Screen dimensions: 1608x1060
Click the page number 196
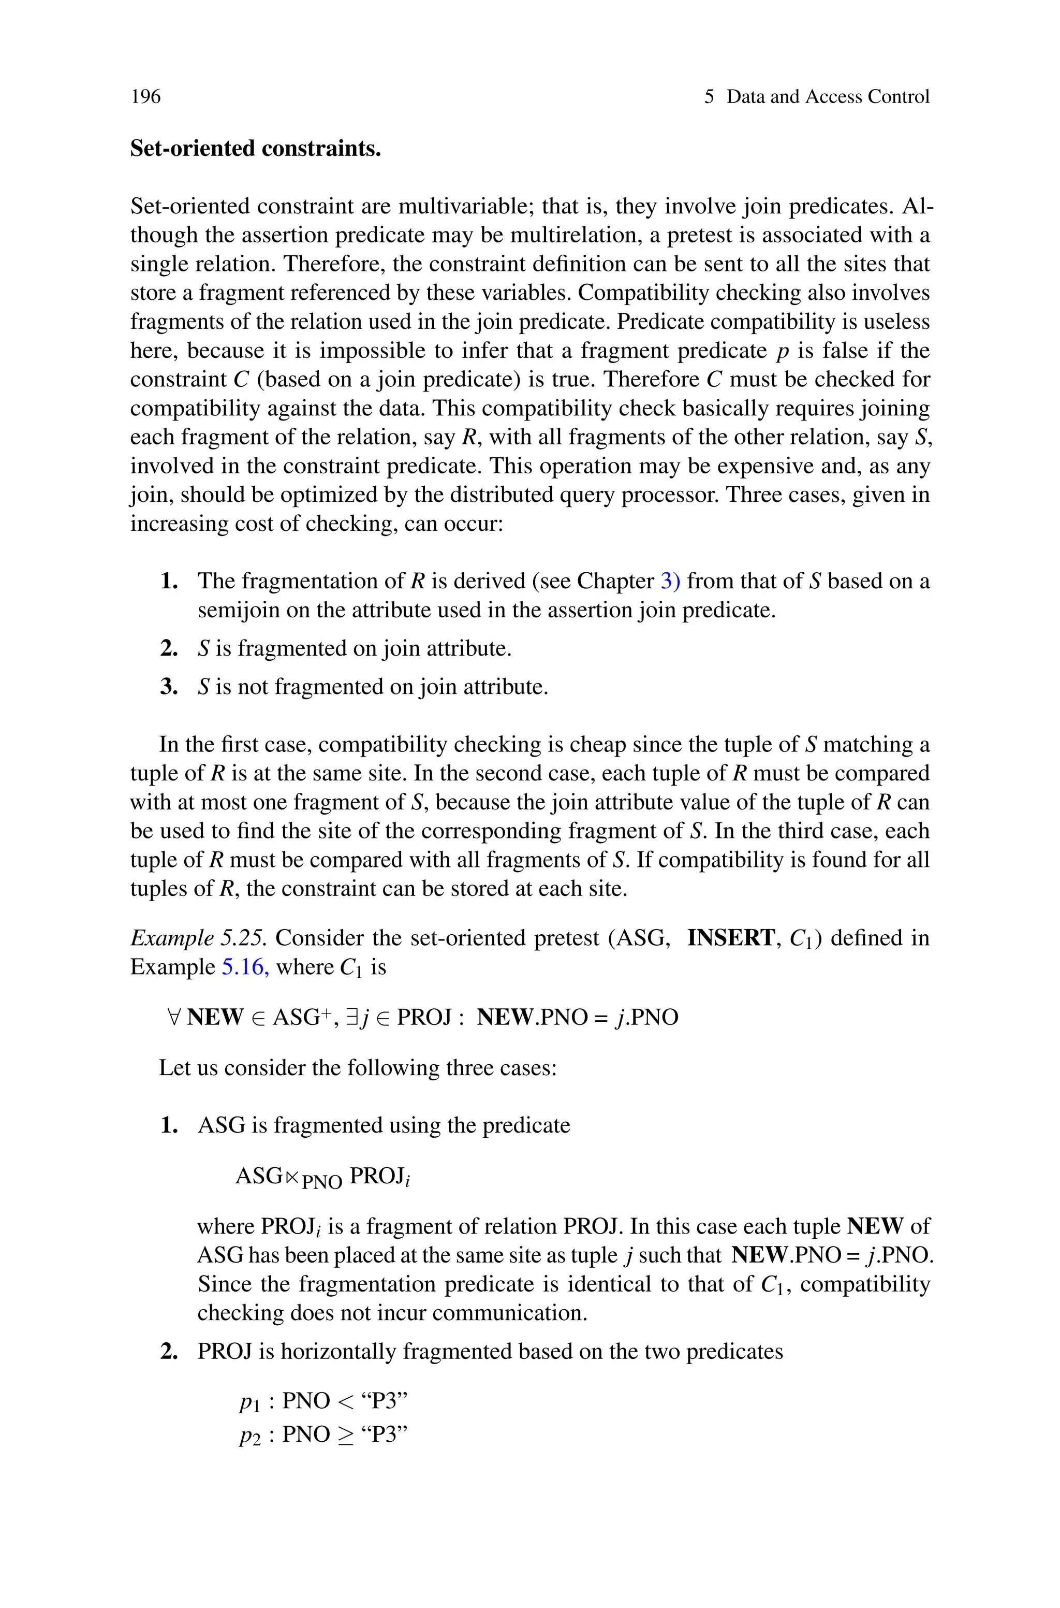point(145,97)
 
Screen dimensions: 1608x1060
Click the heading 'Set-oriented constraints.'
point(256,149)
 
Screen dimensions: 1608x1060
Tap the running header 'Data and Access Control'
point(828,97)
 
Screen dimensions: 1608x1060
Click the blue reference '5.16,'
point(245,967)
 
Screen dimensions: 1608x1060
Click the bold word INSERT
point(730,938)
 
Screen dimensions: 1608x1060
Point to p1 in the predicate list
point(249,1402)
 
